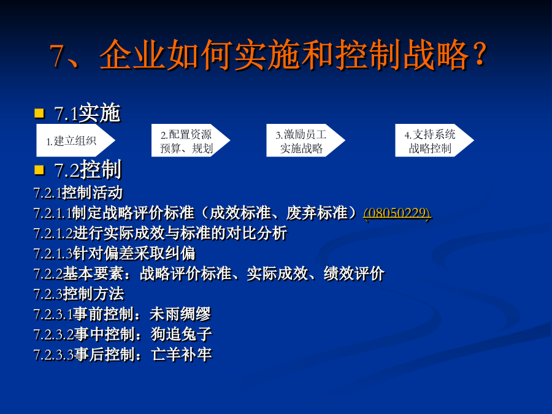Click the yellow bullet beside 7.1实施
tap(39, 113)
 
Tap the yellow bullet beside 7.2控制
tap(39, 170)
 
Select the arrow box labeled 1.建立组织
tap(75, 140)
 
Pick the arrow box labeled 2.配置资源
tap(191, 140)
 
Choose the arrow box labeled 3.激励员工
tap(305, 140)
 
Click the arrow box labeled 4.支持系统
tap(434, 140)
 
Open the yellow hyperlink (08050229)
tap(397, 213)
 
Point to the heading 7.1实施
tap(87, 113)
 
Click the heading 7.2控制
tap(88, 170)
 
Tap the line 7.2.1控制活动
tap(78, 193)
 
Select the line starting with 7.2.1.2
tap(161, 234)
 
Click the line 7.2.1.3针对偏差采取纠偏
tap(115, 253)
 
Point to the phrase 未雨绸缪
tap(180, 314)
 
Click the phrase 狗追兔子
tap(182, 334)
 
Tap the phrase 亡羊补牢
tap(182, 354)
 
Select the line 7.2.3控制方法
tap(79, 294)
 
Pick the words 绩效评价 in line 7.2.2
tap(354, 274)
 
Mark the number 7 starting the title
tap(56, 56)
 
